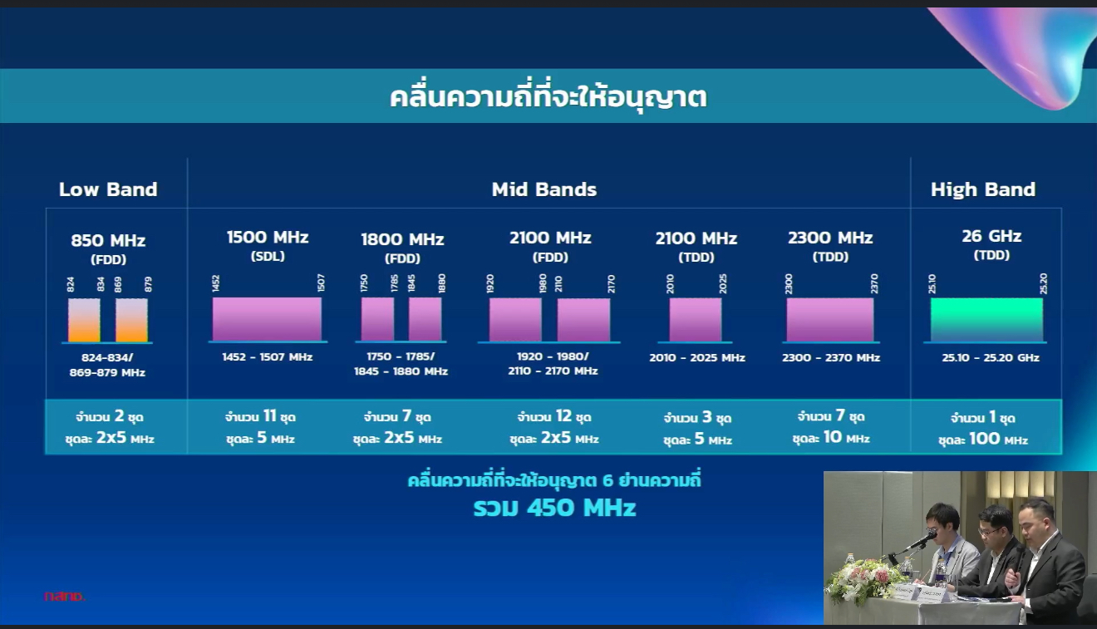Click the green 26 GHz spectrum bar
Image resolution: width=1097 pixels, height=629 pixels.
[986, 320]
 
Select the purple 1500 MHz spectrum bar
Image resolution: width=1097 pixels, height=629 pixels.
[267, 319]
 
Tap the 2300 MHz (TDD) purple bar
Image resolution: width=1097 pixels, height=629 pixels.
[830, 320]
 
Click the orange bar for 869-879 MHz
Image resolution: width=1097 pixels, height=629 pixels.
[131, 320]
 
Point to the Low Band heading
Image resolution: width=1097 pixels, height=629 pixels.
[108, 189]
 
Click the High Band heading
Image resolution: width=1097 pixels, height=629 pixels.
[983, 189]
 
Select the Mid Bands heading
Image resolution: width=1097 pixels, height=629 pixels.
[544, 189]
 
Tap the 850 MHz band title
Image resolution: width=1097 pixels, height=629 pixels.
[108, 240]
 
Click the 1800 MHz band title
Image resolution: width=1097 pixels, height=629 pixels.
[402, 239]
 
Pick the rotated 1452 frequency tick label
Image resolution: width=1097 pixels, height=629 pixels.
[216, 283]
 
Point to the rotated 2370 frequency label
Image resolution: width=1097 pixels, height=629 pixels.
[874, 284]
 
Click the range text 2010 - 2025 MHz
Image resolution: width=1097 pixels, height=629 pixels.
[697, 358]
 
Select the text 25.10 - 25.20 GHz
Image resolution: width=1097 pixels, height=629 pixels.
[991, 357]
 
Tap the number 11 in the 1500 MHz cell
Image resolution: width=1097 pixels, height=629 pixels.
[270, 416]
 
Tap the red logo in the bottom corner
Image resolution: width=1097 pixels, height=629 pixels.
[64, 597]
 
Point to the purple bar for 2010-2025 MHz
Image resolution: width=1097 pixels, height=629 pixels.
[696, 320]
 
